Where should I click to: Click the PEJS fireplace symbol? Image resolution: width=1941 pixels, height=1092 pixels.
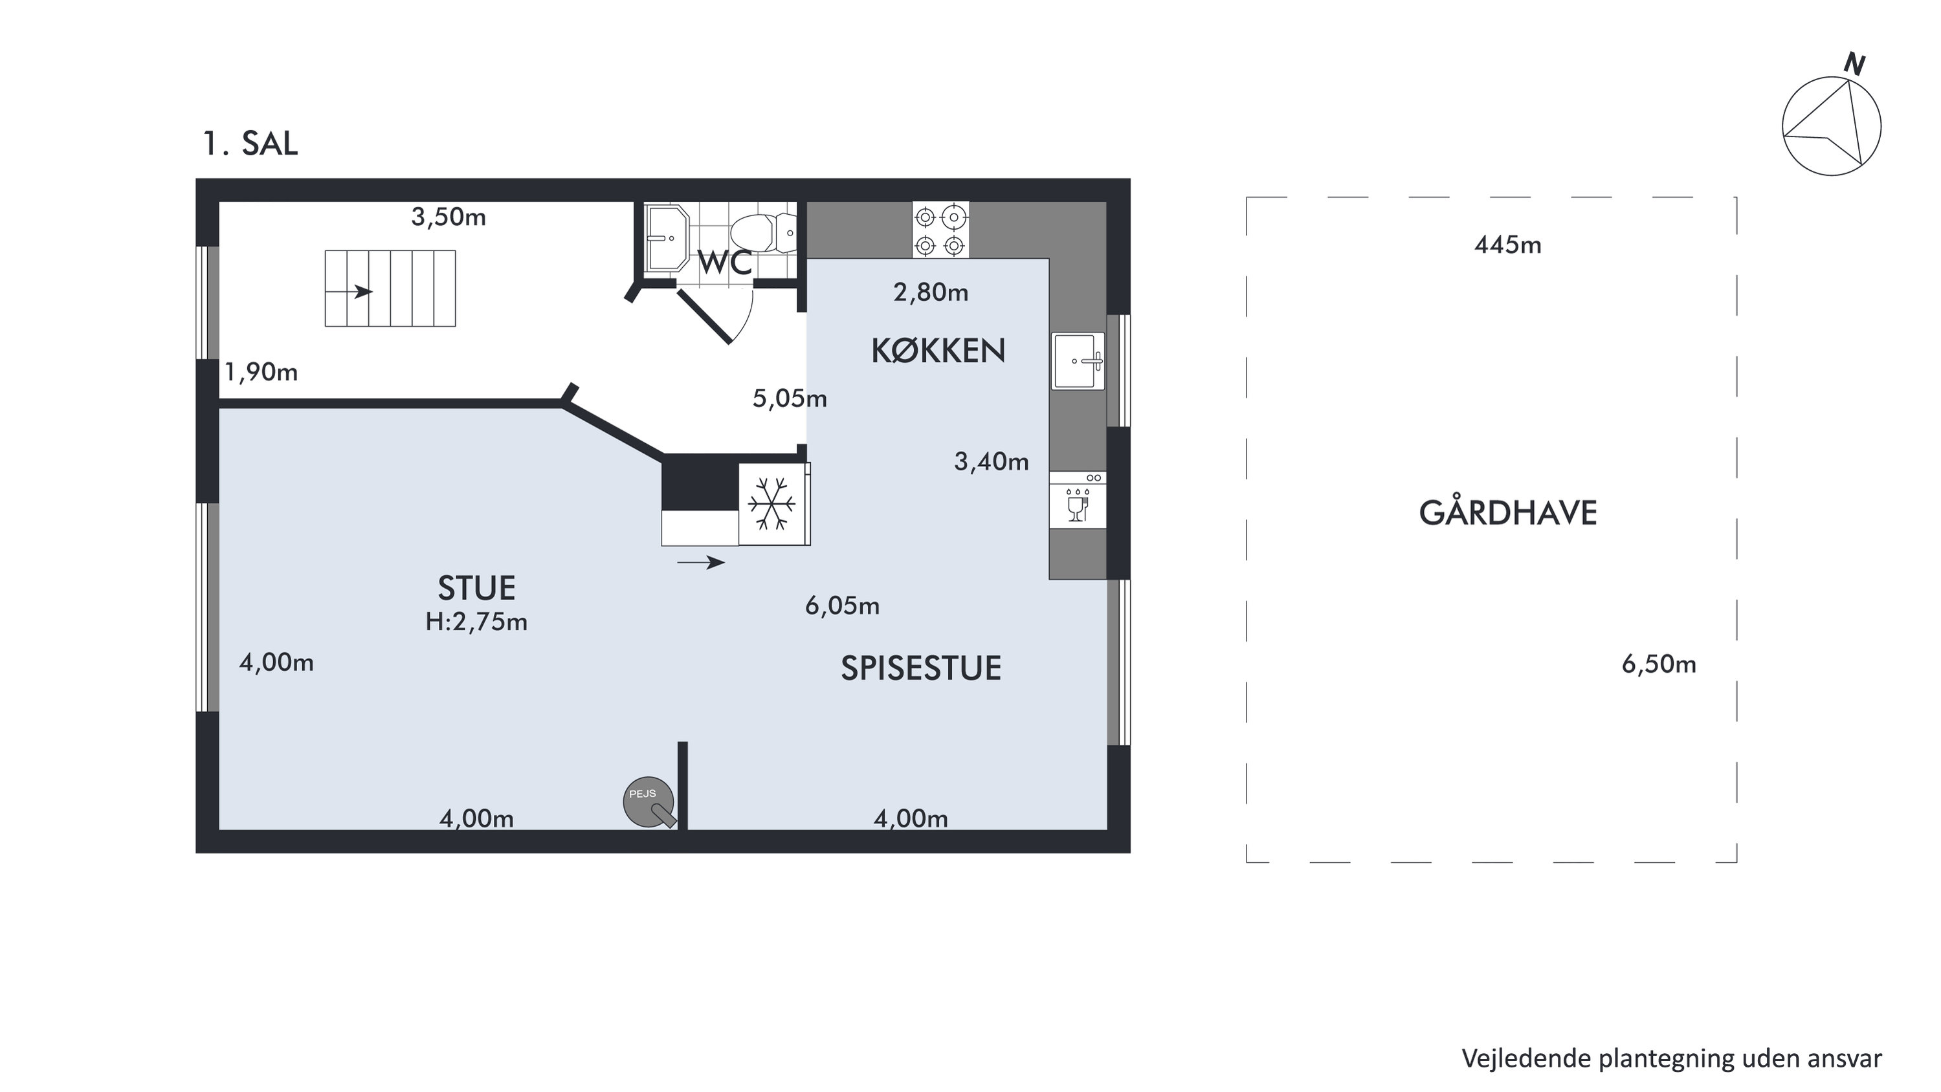(649, 802)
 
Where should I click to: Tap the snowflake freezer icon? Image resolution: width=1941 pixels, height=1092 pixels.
(771, 503)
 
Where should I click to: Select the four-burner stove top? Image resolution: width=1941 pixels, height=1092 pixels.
(940, 230)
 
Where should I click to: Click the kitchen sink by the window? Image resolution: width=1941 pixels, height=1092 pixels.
(1078, 362)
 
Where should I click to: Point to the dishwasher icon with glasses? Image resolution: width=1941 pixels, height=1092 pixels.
(1078, 500)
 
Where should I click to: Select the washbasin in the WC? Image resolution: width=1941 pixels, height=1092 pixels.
(666, 237)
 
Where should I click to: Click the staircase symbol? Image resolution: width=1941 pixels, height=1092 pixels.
(390, 289)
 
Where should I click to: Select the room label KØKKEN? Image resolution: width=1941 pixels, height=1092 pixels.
(938, 351)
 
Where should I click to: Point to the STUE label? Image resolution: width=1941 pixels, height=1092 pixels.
(476, 588)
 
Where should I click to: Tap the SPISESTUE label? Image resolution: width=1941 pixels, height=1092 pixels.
(921, 669)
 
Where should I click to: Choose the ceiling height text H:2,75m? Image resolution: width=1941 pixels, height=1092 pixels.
(476, 622)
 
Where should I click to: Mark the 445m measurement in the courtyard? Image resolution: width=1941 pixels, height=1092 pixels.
(1508, 246)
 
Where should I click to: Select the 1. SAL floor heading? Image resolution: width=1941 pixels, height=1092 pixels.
(250, 143)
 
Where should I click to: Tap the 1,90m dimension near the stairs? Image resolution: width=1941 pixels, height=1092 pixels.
(261, 372)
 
